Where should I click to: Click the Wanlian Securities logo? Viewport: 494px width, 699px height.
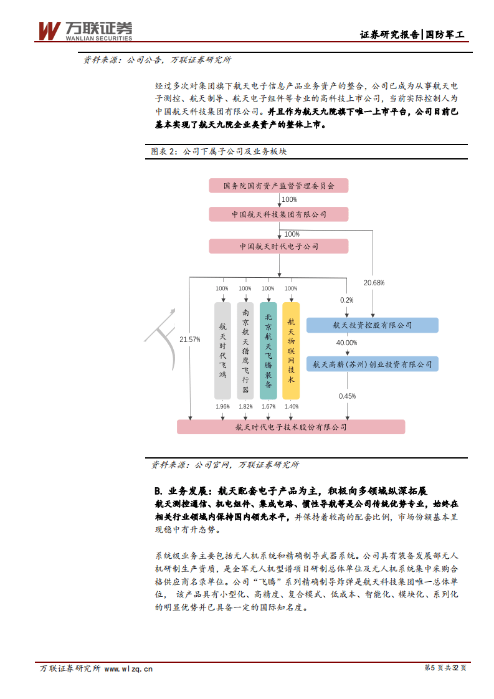tap(85, 31)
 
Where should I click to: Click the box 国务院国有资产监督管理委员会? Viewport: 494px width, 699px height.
tap(278, 186)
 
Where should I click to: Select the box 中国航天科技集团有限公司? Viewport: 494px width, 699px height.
tap(278, 214)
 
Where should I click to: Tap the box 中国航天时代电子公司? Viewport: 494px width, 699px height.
tap(278, 247)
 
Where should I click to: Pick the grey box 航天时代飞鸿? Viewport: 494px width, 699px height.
tap(222, 351)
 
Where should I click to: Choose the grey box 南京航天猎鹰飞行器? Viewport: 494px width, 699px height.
tap(245, 351)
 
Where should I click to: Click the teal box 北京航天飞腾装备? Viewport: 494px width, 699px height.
tap(268, 351)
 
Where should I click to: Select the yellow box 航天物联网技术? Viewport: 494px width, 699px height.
tap(291, 351)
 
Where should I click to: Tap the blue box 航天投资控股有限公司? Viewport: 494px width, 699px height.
tap(373, 325)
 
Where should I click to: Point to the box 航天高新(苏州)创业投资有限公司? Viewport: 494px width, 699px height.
tap(373, 364)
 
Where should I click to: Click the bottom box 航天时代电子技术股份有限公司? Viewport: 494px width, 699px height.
tap(291, 427)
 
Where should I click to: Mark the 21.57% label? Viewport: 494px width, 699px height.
tap(189, 340)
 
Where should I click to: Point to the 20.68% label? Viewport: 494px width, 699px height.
tap(374, 283)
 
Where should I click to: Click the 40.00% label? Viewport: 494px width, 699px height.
tap(347, 343)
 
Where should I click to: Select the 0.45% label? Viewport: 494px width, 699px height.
tap(347, 396)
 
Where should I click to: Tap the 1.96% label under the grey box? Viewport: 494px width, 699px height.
tap(222, 407)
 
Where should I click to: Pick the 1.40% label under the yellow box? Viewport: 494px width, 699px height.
tap(291, 407)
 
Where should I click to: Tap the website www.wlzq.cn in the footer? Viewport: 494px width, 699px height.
tap(128, 668)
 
